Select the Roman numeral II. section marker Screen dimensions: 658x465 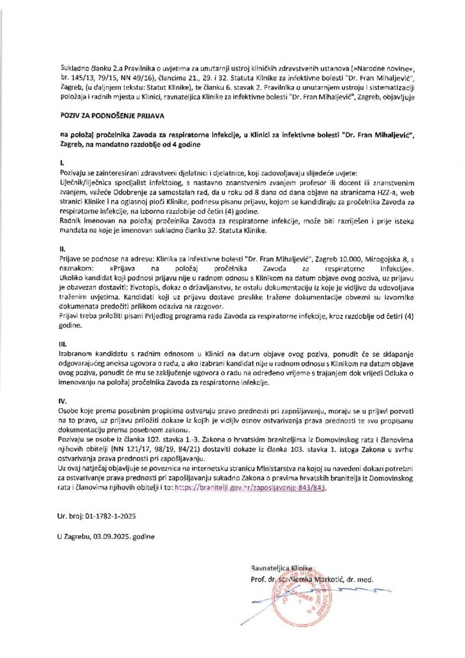click(59, 247)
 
